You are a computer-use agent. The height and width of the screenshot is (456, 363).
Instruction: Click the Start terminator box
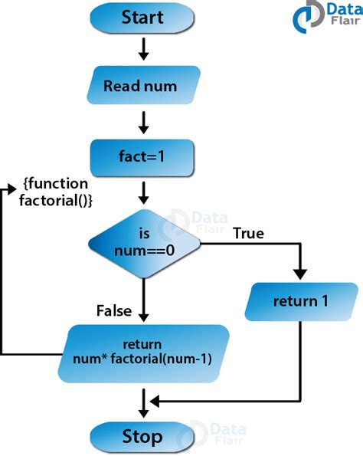(x=142, y=18)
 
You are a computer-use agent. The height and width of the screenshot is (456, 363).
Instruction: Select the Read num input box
(x=142, y=86)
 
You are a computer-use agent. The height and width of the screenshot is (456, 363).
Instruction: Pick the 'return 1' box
(x=301, y=301)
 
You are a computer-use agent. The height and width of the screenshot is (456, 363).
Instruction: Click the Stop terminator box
(x=142, y=437)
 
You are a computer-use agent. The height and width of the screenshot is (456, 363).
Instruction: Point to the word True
(x=247, y=232)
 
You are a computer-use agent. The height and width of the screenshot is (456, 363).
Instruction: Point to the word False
(x=114, y=310)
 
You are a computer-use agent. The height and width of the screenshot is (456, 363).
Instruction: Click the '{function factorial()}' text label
(x=56, y=192)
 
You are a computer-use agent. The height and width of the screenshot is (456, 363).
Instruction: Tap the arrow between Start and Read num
(x=143, y=49)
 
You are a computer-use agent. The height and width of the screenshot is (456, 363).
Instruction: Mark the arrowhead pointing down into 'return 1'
(x=301, y=274)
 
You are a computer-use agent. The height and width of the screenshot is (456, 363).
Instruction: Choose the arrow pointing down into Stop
(x=143, y=403)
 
